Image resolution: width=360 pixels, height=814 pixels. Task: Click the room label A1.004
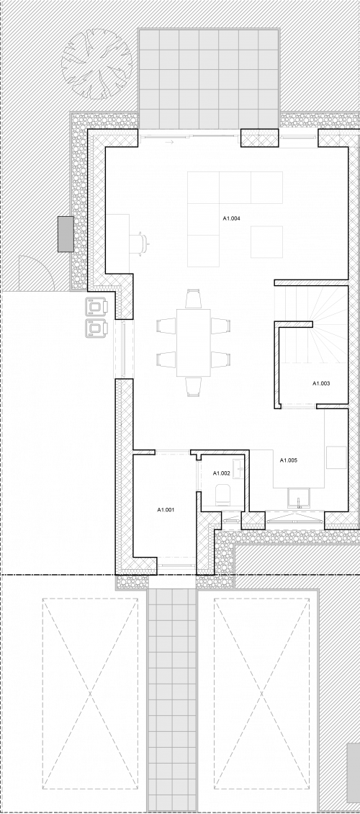(231, 218)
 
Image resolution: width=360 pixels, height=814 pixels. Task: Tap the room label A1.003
(321, 384)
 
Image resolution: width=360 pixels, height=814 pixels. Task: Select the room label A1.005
(289, 460)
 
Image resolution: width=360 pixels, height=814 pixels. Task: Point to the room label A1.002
(222, 473)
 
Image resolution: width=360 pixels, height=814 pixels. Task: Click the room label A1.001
(166, 510)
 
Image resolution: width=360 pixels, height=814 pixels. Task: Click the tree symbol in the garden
(97, 64)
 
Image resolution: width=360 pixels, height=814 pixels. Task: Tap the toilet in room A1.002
(223, 496)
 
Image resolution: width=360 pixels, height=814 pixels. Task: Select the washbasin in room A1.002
(238, 469)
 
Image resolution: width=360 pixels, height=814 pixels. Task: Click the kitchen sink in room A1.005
(298, 498)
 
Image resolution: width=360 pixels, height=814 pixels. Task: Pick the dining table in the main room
(194, 343)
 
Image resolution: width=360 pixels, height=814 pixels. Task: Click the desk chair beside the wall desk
(138, 243)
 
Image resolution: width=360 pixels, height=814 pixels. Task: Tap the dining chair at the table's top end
(194, 299)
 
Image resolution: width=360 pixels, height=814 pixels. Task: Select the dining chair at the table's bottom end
(194, 387)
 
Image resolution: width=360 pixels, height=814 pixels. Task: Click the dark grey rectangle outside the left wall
(66, 234)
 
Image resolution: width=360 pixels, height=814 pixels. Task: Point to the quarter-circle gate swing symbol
(36, 273)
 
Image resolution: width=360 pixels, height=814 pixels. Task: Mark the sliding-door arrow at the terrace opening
(169, 142)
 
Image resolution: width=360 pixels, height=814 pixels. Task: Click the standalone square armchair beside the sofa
(266, 242)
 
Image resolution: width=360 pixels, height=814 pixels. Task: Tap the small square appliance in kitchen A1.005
(336, 457)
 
